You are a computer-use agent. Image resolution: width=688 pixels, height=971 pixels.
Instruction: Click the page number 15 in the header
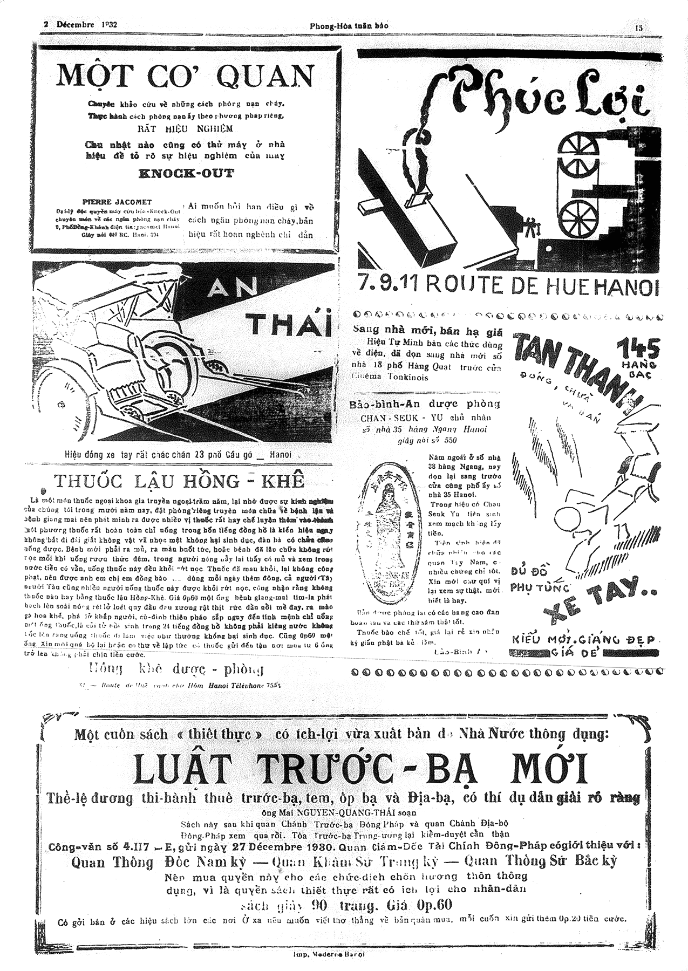pos(639,27)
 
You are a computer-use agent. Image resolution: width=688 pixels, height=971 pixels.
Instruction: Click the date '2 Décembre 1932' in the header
pos(81,25)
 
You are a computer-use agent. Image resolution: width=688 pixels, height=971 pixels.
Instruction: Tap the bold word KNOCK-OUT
pos(186,174)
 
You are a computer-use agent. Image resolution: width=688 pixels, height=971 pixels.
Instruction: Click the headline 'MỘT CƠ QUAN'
pos(185,76)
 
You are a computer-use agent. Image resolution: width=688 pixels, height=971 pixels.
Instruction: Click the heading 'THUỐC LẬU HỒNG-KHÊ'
pos(179,481)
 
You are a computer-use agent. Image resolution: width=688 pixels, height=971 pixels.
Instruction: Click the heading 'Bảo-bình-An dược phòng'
pos(425,404)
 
